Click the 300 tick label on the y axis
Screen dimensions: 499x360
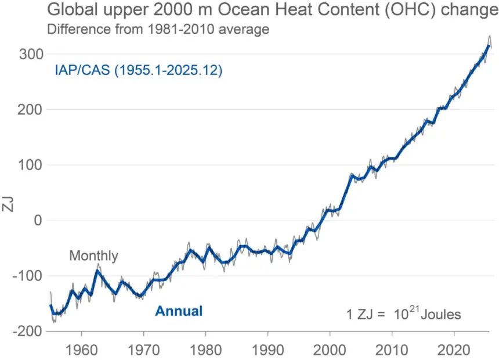pos(31,54)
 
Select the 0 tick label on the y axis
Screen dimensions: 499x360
pos(38,220)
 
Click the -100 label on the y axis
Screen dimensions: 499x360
pos(28,276)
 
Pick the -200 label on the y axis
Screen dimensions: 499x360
pos(28,331)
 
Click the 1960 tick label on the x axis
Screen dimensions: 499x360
pos(81,350)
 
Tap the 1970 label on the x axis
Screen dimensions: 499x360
pos(143,350)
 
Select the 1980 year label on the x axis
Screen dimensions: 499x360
pos(205,350)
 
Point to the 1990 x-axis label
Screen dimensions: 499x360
pos(267,350)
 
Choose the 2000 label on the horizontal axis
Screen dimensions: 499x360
pos(330,350)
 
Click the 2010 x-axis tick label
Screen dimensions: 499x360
pos(392,350)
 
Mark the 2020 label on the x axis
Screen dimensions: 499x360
pos(454,350)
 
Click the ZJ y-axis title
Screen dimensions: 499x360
pos(8,204)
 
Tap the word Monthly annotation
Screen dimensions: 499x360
pos(93,256)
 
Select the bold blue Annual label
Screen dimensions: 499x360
pos(179,311)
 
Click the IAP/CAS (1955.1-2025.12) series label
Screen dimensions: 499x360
pos(139,70)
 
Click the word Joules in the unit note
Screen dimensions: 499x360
pos(441,315)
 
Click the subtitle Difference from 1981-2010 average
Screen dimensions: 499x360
pos(158,29)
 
